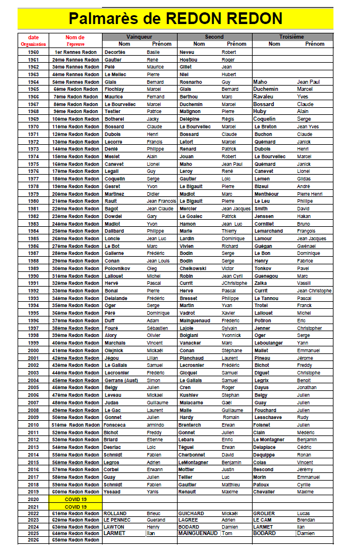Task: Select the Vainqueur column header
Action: pyautogui.click(x=139, y=37)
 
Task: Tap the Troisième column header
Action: pyautogui.click(x=291, y=37)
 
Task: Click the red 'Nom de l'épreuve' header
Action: pyautogui.click(x=76, y=40)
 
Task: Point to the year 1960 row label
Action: pyautogui.click(x=33, y=52)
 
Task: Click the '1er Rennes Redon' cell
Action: pyautogui.click(x=76, y=52)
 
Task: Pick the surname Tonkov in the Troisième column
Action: pyautogui.click(x=263, y=268)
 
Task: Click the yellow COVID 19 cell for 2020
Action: pyautogui.click(x=76, y=499)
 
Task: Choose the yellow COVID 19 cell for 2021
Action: pyautogui.click(x=76, y=506)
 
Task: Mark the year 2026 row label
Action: pyautogui.click(x=33, y=540)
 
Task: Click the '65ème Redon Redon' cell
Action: pyautogui.click(x=76, y=540)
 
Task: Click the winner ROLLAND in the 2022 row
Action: pyautogui.click(x=115, y=513)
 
